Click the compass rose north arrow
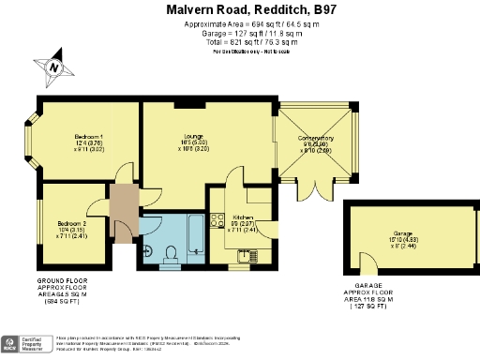click(55, 67)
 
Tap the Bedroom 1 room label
click(89, 142)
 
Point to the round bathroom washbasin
click(149, 251)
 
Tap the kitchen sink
click(247, 254)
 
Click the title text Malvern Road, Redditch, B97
click(239, 8)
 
